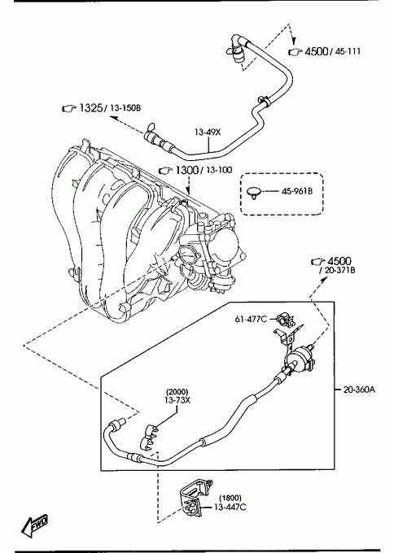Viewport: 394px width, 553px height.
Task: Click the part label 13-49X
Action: (208, 133)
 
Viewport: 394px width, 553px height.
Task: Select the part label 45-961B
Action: (297, 191)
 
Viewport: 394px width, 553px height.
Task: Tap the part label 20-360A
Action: (359, 390)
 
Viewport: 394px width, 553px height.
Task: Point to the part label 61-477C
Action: (251, 319)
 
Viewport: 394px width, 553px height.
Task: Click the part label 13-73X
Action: (177, 400)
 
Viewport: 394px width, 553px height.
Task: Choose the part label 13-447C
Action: (230, 507)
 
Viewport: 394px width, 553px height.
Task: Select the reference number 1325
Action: (90, 107)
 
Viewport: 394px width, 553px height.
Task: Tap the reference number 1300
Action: (186, 170)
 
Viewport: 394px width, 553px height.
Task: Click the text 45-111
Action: (348, 51)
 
